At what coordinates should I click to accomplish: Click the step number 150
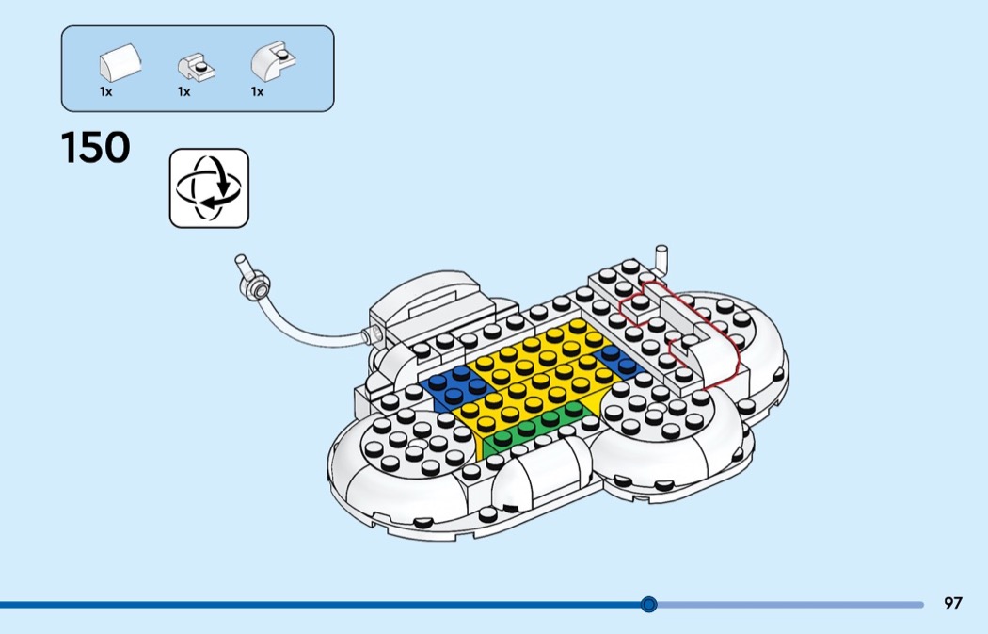[x=96, y=148]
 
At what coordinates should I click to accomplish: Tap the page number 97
[x=952, y=603]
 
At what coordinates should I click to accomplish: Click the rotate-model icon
[x=209, y=188]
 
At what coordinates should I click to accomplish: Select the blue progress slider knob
[x=648, y=605]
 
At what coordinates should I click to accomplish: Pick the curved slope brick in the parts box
[x=120, y=62]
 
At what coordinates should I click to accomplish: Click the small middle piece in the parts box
[x=196, y=67]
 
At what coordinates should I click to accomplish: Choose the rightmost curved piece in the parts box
[x=274, y=60]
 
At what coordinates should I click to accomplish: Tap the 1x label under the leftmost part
[x=105, y=92]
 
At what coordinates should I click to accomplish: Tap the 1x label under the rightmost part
[x=257, y=92]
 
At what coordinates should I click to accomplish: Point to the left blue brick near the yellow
[x=453, y=386]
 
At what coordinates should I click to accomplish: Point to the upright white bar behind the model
[x=661, y=259]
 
